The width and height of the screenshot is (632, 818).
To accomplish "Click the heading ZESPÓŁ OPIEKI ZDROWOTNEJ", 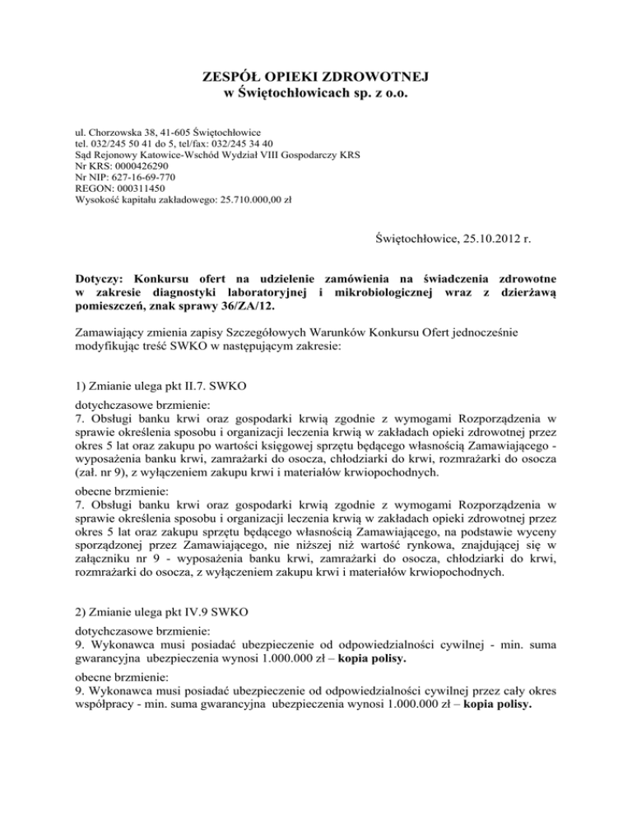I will [x=316, y=77].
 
